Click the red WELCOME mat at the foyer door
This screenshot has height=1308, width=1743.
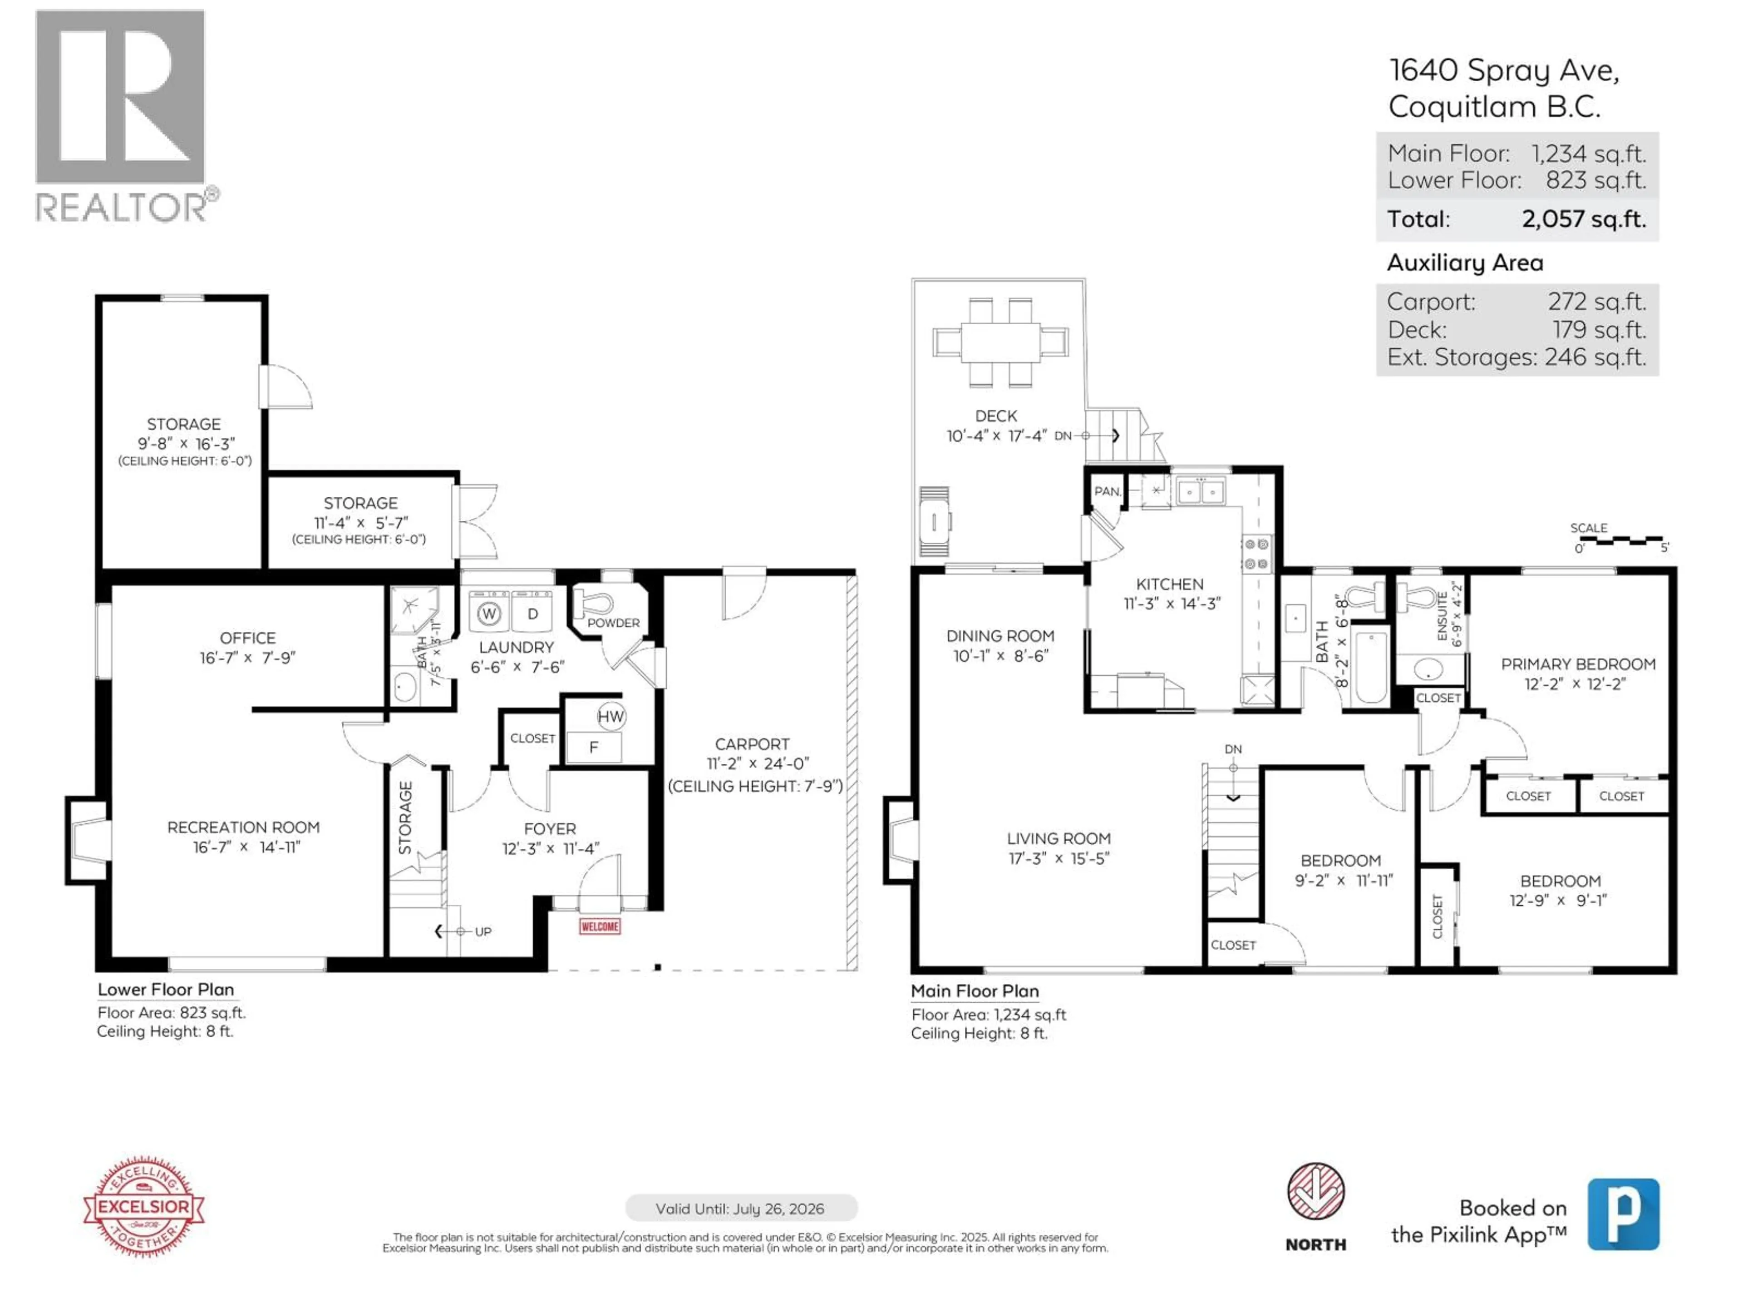click(x=600, y=926)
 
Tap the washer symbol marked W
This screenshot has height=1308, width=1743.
click(x=489, y=614)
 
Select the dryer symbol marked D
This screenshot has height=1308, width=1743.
click(x=533, y=614)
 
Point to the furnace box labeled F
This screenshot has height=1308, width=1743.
click(x=593, y=747)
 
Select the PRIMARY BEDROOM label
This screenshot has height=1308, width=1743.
click(x=1577, y=664)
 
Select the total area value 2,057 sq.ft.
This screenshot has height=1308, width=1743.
click(x=1584, y=219)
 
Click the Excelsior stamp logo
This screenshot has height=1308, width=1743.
click(x=143, y=1206)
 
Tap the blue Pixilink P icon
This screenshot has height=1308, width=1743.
click(x=1623, y=1214)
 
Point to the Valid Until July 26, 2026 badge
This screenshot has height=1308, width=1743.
click(x=741, y=1209)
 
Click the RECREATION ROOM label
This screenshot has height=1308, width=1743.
click(x=243, y=827)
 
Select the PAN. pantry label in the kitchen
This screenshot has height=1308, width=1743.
click(x=1107, y=491)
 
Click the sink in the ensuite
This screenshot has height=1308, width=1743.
click(x=1428, y=670)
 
